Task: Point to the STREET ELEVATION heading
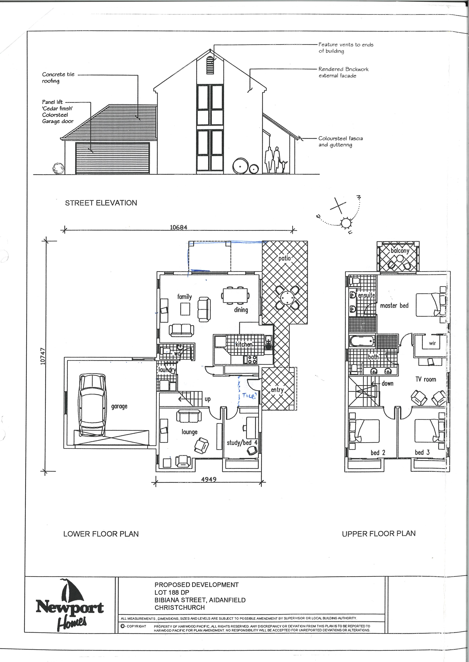pyautogui.click(x=101, y=203)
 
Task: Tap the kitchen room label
pyautogui.click(x=244, y=344)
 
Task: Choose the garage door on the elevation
pyautogui.click(x=113, y=158)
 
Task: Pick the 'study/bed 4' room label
pyautogui.click(x=242, y=443)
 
